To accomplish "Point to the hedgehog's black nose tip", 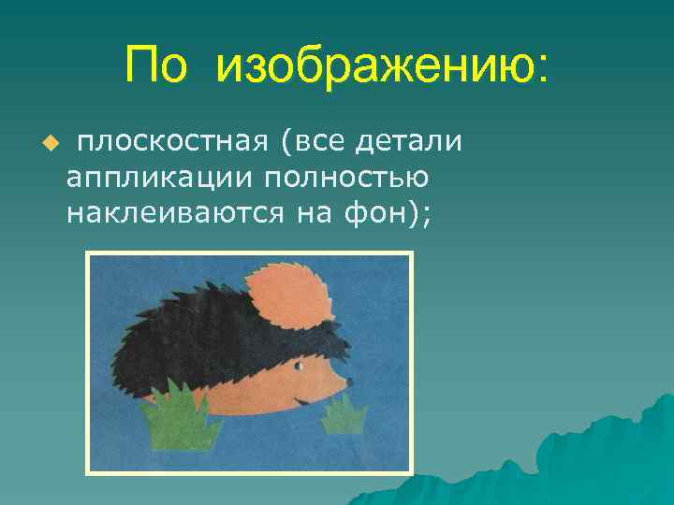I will [350, 382].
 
